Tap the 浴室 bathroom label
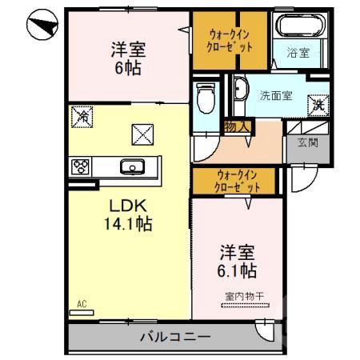(x=298, y=54)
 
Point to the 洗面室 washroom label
(x=274, y=95)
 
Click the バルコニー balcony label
(x=178, y=336)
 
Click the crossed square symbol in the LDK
(x=141, y=136)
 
